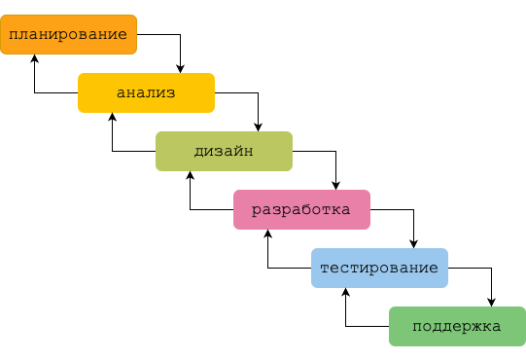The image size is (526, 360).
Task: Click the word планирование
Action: coord(68,34)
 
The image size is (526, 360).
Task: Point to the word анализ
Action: coord(146,93)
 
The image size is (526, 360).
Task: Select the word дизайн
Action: coord(224,152)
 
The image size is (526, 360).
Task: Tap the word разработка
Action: coord(301,210)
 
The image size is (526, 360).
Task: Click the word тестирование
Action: coord(379,269)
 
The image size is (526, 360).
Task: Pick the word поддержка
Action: coord(457,327)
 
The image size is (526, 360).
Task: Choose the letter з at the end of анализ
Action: coord(170,93)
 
